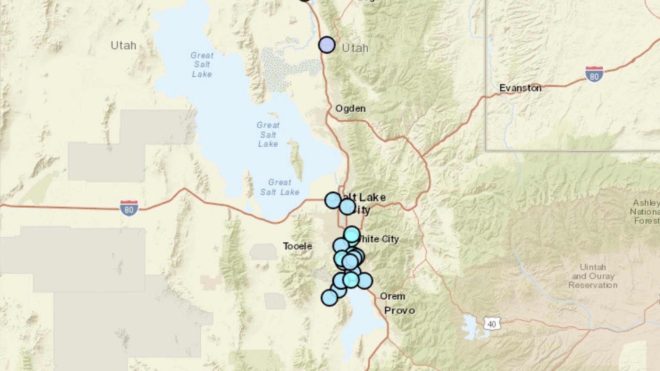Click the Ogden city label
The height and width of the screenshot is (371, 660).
pyautogui.click(x=350, y=109)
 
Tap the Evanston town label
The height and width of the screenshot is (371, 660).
pyautogui.click(x=520, y=88)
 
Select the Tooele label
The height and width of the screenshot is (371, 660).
pyautogui.click(x=297, y=246)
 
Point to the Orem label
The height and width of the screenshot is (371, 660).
pyautogui.click(x=392, y=296)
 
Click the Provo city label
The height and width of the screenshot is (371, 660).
pyautogui.click(x=399, y=310)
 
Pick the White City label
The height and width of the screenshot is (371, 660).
pyautogui.click(x=378, y=239)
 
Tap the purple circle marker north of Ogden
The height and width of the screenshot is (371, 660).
pyautogui.click(x=327, y=45)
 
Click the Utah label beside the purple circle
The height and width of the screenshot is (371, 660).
pyautogui.click(x=355, y=48)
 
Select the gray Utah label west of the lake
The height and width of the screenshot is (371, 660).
pyautogui.click(x=123, y=45)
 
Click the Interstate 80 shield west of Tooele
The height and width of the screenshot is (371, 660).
pyautogui.click(x=129, y=208)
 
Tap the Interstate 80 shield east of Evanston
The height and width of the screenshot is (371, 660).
pyautogui.click(x=594, y=74)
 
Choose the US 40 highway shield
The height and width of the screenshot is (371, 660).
pyautogui.click(x=492, y=324)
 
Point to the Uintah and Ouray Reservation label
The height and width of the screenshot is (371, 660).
pyautogui.click(x=593, y=276)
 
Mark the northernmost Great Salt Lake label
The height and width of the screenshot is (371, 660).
pyautogui.click(x=202, y=65)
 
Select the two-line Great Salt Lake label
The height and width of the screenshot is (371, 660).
pyautogui.click(x=280, y=187)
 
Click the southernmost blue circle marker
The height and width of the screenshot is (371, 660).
pyautogui.click(x=329, y=298)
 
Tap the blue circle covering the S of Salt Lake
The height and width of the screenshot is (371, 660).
pyautogui.click(x=333, y=200)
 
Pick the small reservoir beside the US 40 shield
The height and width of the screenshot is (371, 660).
pyautogui.click(x=472, y=327)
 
